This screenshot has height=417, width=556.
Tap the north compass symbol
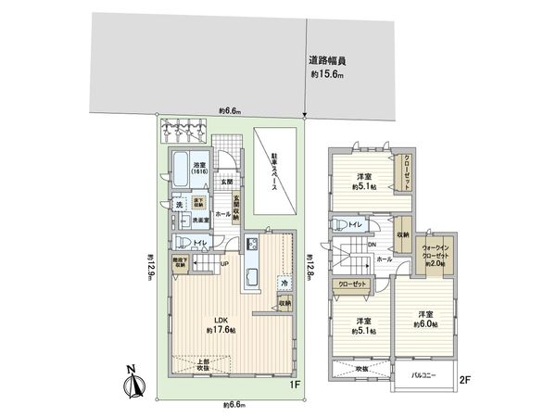(131, 380)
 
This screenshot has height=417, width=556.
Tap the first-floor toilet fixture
(183, 243)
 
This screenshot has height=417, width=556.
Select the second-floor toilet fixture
(340, 225)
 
